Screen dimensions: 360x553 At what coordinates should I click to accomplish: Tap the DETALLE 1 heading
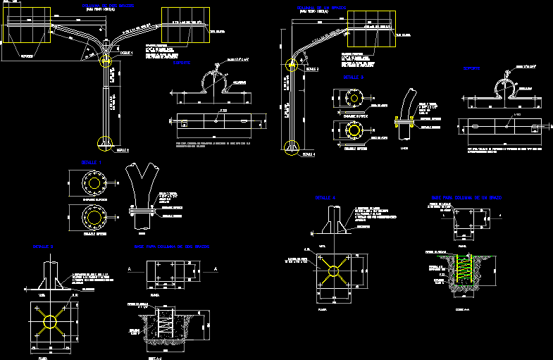tap(92, 162)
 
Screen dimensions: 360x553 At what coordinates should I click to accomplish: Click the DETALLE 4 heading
tap(325, 198)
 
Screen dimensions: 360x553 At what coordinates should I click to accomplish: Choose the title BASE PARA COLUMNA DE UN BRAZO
tap(470, 197)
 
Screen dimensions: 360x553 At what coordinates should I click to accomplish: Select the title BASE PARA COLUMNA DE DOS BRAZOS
tap(173, 247)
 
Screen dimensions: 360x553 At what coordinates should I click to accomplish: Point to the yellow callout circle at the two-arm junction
tap(106, 58)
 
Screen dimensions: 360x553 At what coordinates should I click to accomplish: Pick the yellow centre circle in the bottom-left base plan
tap(51, 321)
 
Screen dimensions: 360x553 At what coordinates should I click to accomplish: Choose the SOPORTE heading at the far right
tap(472, 68)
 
